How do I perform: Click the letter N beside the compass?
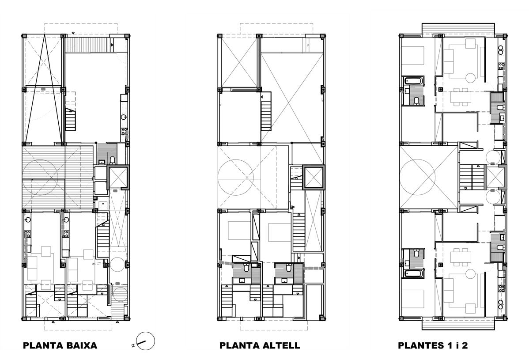(133, 345)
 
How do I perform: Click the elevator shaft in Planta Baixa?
(118, 178)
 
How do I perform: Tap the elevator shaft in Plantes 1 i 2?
(495, 177)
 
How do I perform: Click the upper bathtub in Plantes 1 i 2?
(412, 81)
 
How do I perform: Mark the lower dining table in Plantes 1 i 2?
(461, 257)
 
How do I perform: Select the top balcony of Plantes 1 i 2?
(458, 28)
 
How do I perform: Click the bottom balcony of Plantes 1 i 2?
(458, 324)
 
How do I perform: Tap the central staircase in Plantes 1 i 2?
(472, 177)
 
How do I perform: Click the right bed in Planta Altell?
(279, 231)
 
